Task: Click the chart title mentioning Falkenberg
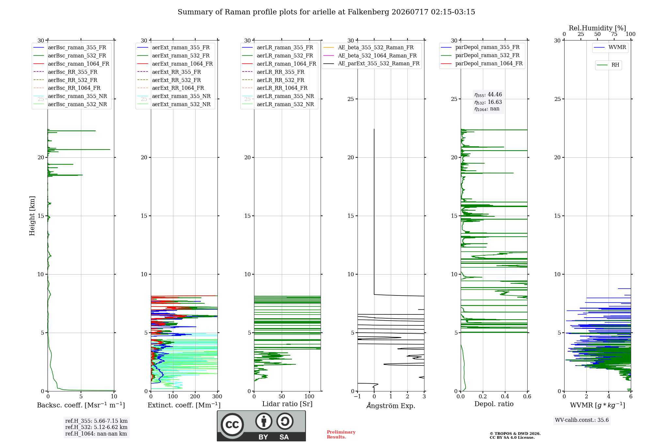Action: point(326,12)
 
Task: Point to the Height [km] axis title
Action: point(32,216)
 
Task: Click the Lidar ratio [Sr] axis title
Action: point(287,404)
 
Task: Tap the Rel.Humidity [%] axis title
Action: point(597,28)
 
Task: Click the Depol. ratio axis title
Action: point(494,404)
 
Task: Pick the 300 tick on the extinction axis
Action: point(217,397)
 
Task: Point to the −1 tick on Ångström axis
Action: point(358,397)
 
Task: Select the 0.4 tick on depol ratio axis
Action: point(505,397)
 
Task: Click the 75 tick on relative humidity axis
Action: point(614,34)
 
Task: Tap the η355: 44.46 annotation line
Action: point(488,95)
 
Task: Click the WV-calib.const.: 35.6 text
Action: point(582,420)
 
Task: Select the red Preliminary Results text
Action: point(341,435)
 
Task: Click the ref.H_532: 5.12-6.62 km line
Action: point(96,427)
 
